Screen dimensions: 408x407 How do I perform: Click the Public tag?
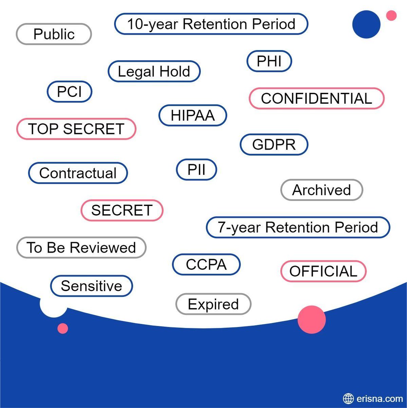[54, 34]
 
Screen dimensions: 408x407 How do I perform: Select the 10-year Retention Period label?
[211, 24]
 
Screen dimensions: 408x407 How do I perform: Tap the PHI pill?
[269, 61]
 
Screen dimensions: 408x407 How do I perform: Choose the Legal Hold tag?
[154, 71]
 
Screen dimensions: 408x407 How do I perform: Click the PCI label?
[70, 92]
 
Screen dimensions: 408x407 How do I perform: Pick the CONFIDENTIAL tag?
[316, 99]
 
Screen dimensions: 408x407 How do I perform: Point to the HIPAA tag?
[193, 115]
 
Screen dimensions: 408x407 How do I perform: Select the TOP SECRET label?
[76, 129]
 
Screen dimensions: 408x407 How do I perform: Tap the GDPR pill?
[274, 144]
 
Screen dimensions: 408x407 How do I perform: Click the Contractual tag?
[78, 173]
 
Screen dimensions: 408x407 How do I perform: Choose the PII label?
[196, 169]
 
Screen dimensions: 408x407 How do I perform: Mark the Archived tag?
[321, 190]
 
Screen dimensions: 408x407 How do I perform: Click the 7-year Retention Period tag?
[298, 227]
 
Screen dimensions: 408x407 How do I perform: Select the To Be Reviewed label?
[81, 248]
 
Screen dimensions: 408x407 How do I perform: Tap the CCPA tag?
[206, 265]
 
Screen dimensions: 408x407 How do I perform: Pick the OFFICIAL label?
[323, 271]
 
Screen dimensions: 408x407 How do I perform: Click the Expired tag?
[213, 304]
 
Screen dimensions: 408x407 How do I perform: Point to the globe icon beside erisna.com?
[348, 398]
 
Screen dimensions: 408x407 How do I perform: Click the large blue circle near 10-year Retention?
[366, 24]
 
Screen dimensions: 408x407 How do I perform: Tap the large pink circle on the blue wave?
[312, 319]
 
